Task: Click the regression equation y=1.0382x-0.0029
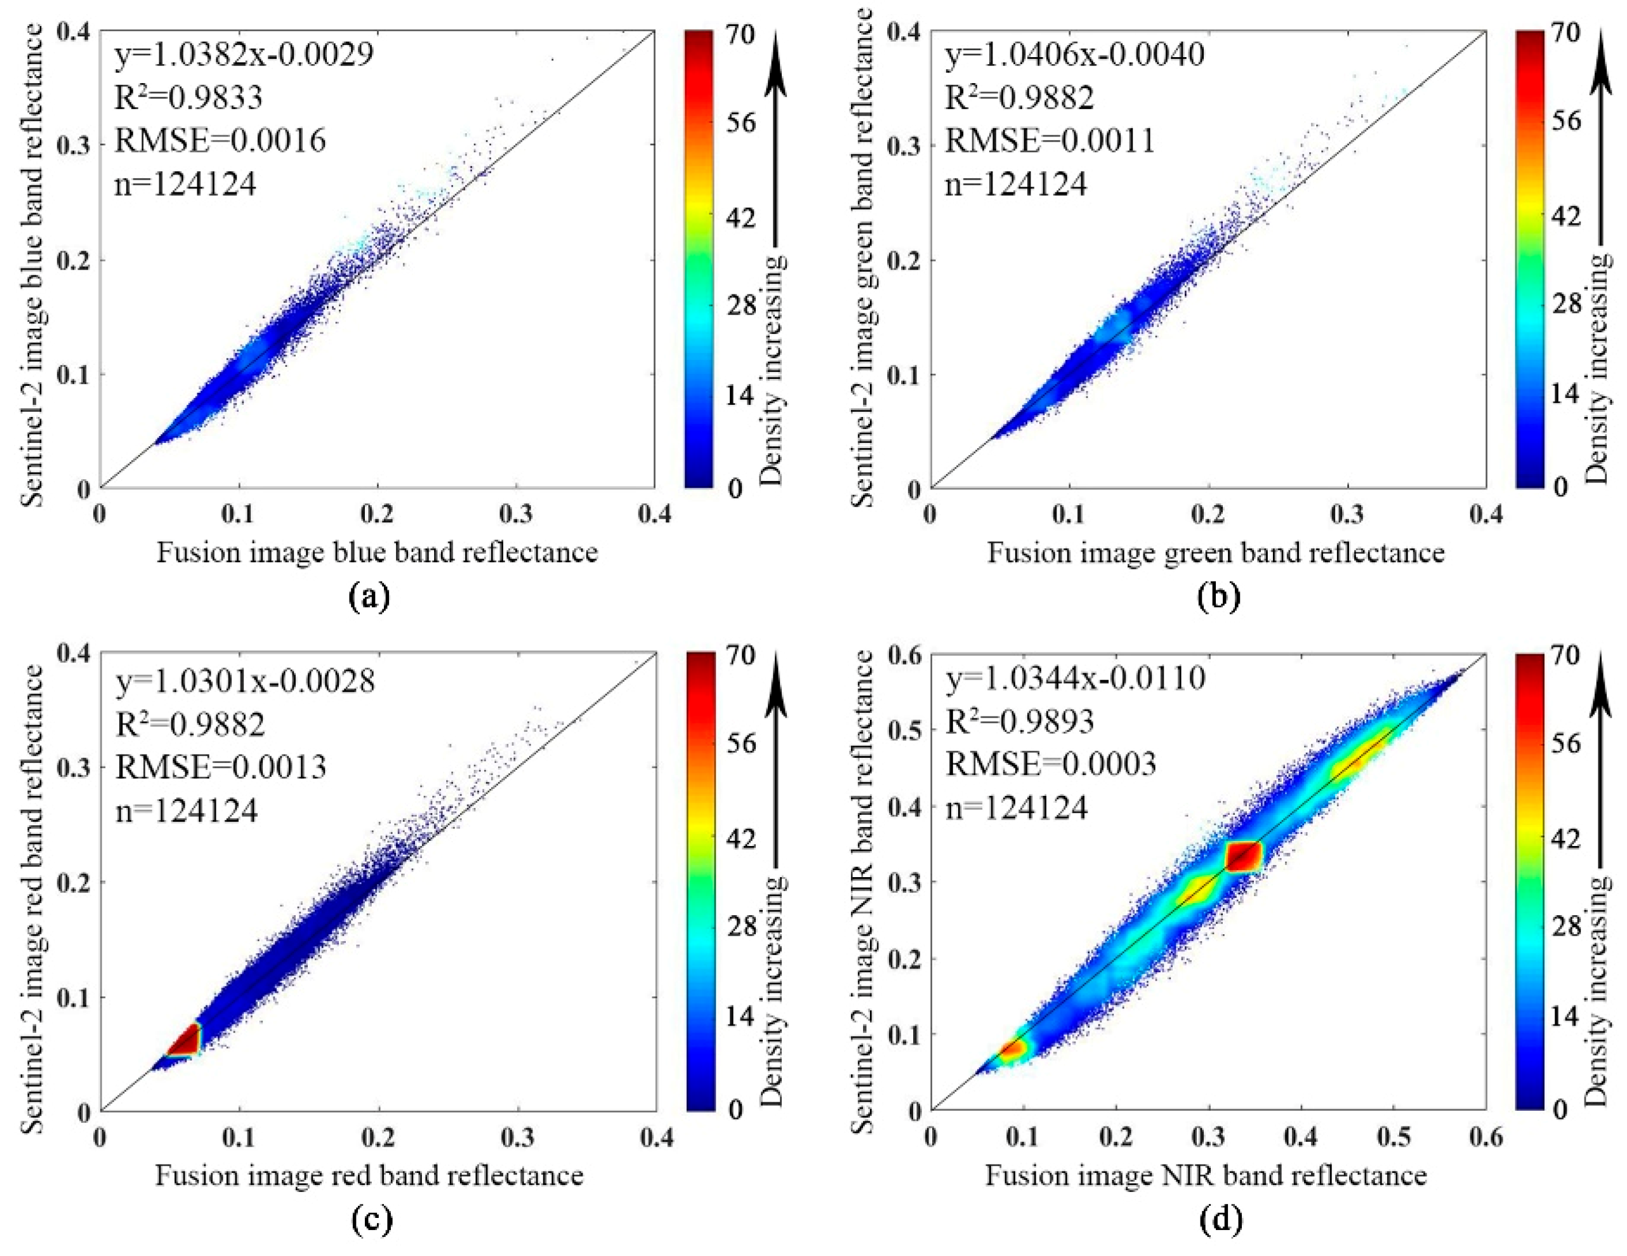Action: [244, 55]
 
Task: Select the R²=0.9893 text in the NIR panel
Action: [1020, 721]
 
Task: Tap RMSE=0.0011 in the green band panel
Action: [1050, 140]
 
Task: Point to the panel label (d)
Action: [1220, 1219]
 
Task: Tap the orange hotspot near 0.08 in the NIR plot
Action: [1013, 1049]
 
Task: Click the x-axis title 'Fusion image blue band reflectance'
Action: [377, 552]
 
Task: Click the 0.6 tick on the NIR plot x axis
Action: [1485, 1137]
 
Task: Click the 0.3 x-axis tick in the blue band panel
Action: [515, 514]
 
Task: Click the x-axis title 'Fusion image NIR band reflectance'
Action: [1206, 1175]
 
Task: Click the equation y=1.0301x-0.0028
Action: [245, 680]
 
